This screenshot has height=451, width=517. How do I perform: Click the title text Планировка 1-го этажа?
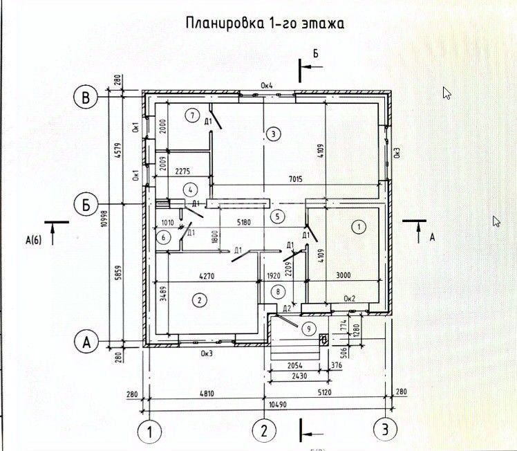coord(265,24)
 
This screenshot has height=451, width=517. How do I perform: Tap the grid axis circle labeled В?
coord(86,98)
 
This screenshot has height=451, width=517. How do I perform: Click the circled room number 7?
coord(193,115)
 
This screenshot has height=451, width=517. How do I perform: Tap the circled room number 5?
coord(278,216)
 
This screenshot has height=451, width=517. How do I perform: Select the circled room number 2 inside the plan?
coord(199,300)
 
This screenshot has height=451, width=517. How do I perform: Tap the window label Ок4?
coord(267,86)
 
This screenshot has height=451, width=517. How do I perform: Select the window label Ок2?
coord(350,298)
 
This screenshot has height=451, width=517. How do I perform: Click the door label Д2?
coord(286,307)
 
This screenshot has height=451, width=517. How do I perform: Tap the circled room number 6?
coord(164,237)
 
